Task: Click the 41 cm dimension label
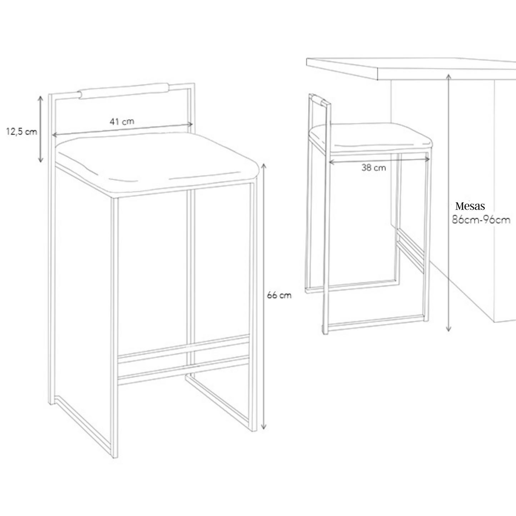(122, 121)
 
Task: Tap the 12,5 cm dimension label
(21, 132)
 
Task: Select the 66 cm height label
(279, 295)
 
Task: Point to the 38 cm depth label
(374, 168)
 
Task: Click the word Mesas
(470, 206)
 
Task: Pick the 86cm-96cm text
(481, 220)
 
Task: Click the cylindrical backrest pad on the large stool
(124, 91)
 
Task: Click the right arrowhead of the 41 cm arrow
(191, 124)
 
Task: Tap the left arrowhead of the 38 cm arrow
(331, 162)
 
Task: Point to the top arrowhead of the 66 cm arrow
(264, 165)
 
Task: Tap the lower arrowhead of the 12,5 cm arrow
(40, 160)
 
